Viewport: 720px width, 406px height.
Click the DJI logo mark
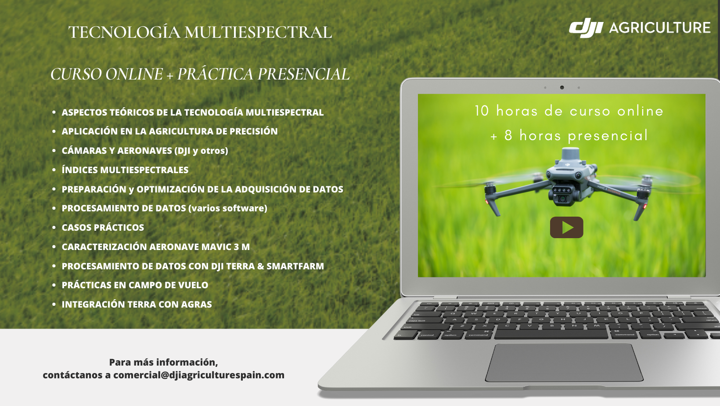pos(586,28)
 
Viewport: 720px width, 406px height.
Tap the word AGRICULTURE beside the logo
pos(659,28)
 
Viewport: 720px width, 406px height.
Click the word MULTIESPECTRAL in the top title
pos(258,33)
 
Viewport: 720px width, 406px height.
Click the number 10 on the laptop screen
pos(482,111)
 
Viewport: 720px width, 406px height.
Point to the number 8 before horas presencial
pos(508,135)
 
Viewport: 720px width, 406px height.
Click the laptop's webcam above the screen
pos(562,87)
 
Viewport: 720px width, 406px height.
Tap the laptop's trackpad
pos(564,362)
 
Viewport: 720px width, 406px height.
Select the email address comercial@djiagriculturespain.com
pos(199,375)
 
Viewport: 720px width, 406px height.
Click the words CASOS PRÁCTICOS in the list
pos(103,228)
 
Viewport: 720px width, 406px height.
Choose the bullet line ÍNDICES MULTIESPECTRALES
pos(125,170)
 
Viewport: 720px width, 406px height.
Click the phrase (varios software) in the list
pos(227,208)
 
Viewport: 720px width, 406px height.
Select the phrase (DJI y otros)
pos(201,151)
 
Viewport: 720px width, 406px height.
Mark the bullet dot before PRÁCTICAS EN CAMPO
pos(54,285)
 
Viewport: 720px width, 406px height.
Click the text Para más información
pos(163,362)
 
